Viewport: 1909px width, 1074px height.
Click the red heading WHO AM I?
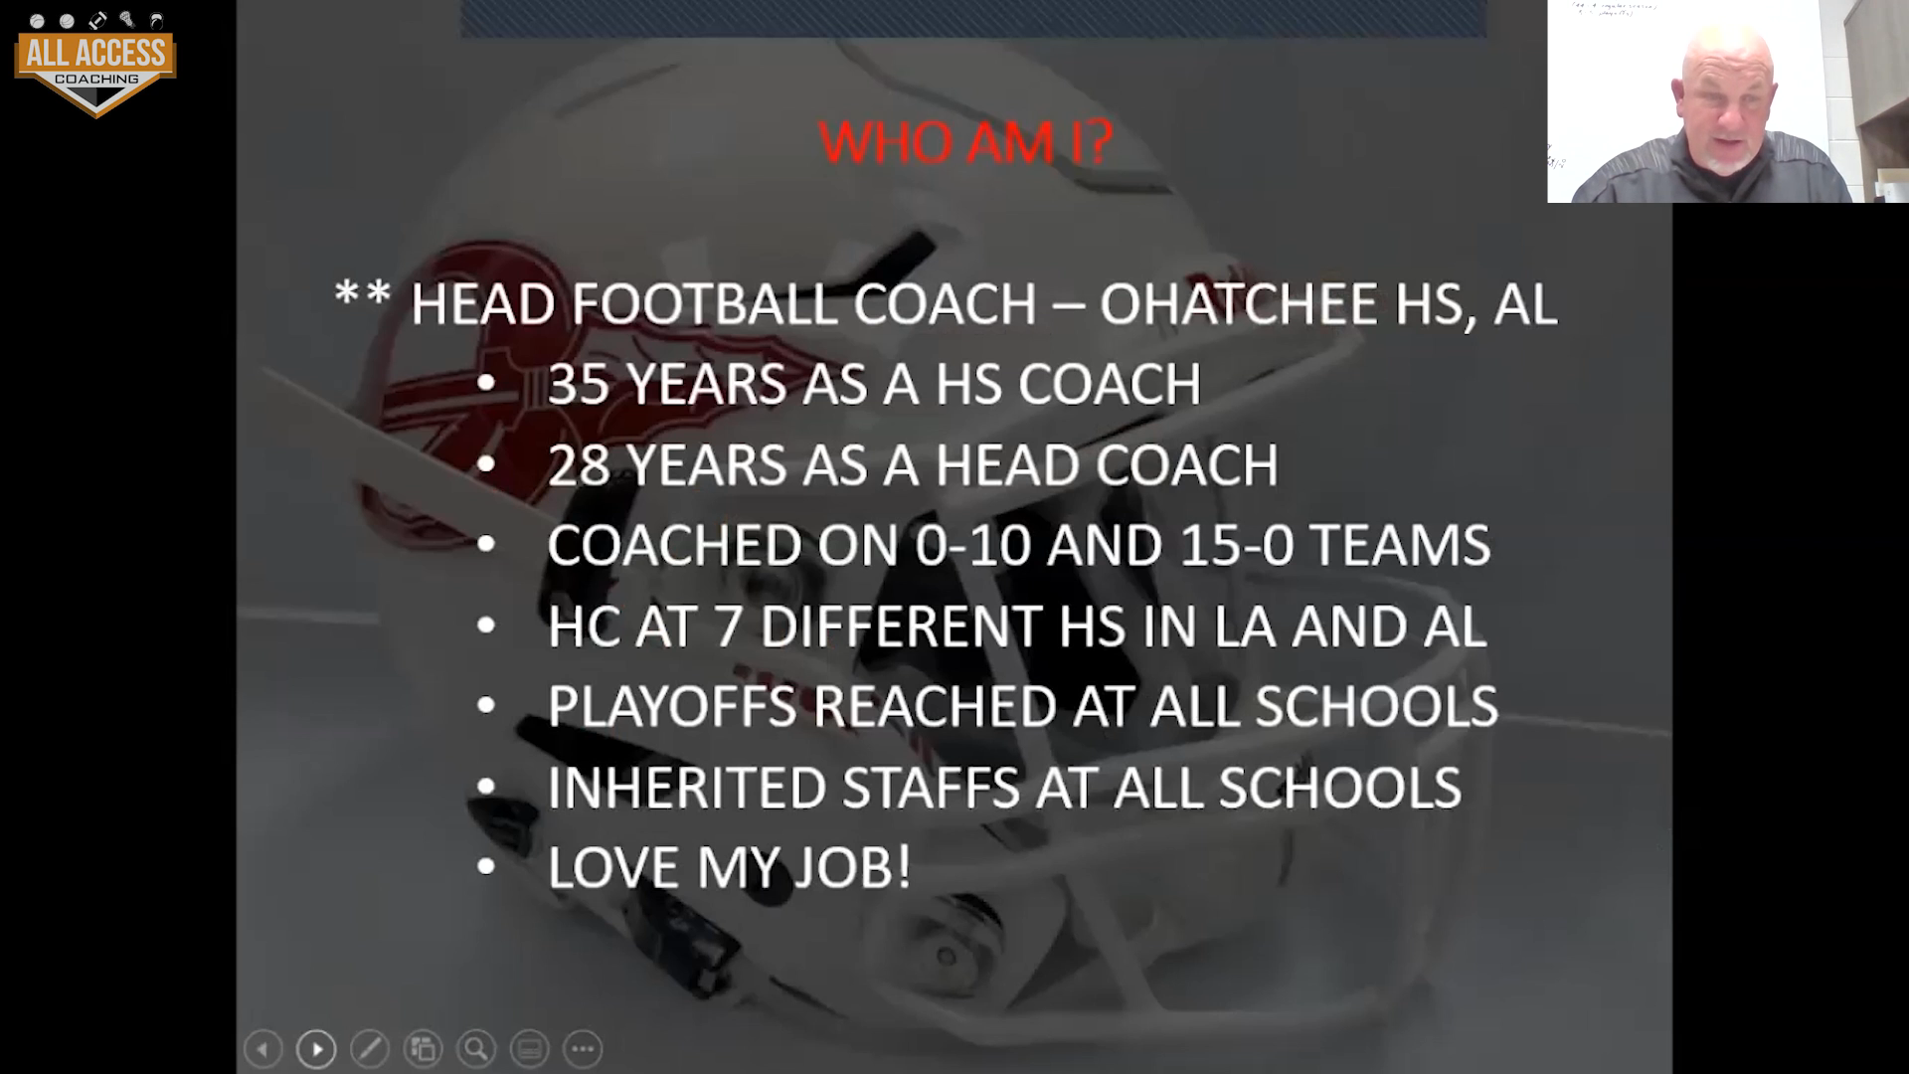point(964,142)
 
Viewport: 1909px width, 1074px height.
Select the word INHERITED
point(687,788)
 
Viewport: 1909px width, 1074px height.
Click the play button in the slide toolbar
point(316,1048)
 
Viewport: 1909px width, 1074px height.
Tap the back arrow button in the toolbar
point(262,1048)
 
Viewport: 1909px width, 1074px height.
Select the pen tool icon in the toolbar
point(370,1048)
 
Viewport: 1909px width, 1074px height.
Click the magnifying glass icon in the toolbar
point(476,1048)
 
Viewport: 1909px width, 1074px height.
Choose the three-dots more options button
point(583,1048)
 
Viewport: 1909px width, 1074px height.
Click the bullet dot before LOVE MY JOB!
point(486,867)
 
